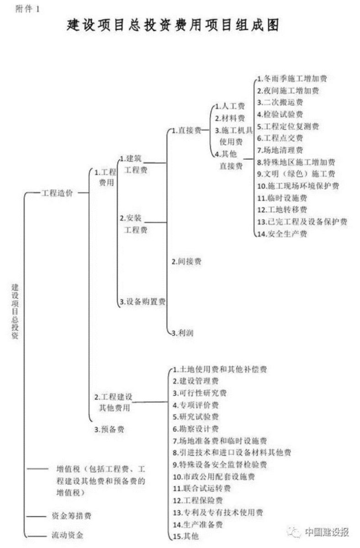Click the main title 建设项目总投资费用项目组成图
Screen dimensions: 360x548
click(x=173, y=25)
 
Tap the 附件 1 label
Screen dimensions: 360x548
click(x=27, y=9)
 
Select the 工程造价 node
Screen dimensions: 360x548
click(x=57, y=193)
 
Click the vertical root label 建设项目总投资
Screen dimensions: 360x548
click(x=15, y=311)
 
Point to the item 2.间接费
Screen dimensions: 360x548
click(x=186, y=262)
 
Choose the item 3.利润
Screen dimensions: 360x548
click(x=182, y=333)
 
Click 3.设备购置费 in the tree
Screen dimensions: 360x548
click(x=143, y=302)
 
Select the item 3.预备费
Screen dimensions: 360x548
click(x=109, y=429)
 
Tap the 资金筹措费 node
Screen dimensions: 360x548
click(x=71, y=516)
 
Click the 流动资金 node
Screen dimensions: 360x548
click(x=67, y=535)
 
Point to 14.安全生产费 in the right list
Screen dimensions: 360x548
click(x=282, y=234)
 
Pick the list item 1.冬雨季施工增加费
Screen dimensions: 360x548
click(x=292, y=79)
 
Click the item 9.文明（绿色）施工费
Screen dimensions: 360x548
click(x=296, y=174)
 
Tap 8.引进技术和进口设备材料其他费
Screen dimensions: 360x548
click(x=232, y=453)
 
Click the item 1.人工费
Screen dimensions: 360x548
click(x=230, y=106)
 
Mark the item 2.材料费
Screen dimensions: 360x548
click(x=230, y=118)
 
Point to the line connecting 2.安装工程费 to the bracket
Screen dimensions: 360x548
click(x=155, y=223)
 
